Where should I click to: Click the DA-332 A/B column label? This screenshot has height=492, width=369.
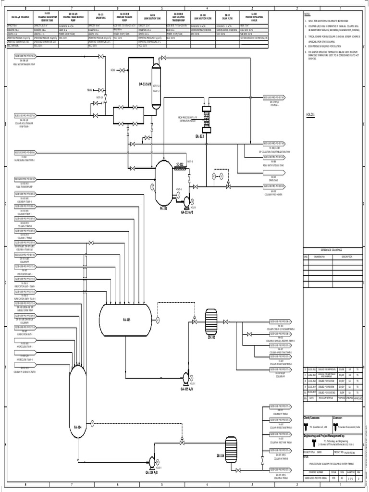145,84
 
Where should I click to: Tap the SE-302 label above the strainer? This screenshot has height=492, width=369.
180,164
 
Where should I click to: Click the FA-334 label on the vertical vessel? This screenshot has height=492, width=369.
77,427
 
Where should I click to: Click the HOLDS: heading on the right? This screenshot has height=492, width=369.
310,115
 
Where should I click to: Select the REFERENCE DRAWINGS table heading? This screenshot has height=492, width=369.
333,250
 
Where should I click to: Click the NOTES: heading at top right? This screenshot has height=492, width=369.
307,15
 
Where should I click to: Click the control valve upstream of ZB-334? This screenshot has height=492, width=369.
182,441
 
